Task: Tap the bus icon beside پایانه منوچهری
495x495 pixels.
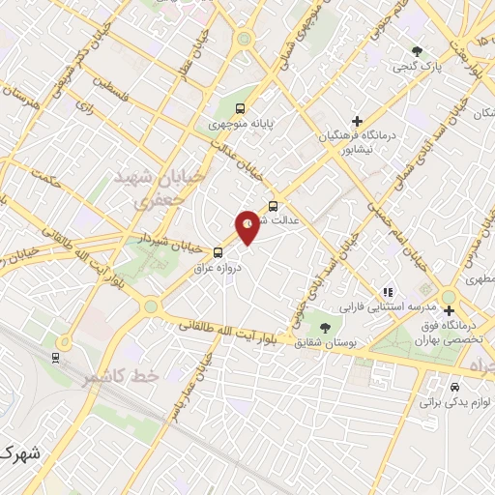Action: (x=240, y=109)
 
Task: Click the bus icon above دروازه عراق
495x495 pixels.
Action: (x=217, y=253)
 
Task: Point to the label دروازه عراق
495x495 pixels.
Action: (x=216, y=268)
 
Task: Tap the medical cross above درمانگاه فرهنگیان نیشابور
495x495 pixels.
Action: (x=358, y=121)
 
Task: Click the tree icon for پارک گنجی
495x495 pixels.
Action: (x=417, y=50)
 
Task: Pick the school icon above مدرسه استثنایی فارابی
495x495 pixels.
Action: (x=387, y=291)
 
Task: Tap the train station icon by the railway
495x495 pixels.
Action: (x=55, y=357)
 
